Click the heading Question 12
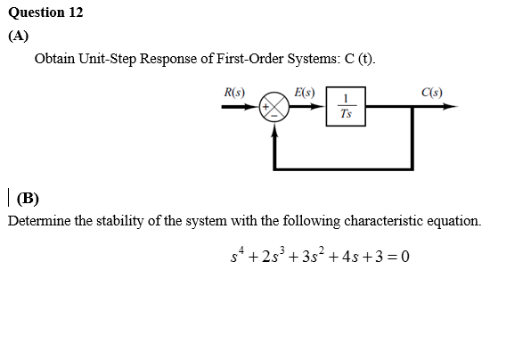(x=45, y=12)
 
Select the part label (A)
(x=19, y=36)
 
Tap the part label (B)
(x=28, y=198)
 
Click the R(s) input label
(x=234, y=93)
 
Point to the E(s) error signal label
(x=304, y=93)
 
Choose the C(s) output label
(x=432, y=93)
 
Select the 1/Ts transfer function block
(x=346, y=106)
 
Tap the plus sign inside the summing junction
(x=266, y=107)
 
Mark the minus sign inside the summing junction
(x=274, y=116)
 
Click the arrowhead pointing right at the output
(x=451, y=106)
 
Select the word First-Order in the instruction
(x=249, y=59)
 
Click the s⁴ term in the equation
(x=237, y=255)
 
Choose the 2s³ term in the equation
(x=274, y=255)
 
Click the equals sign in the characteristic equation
(x=392, y=257)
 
